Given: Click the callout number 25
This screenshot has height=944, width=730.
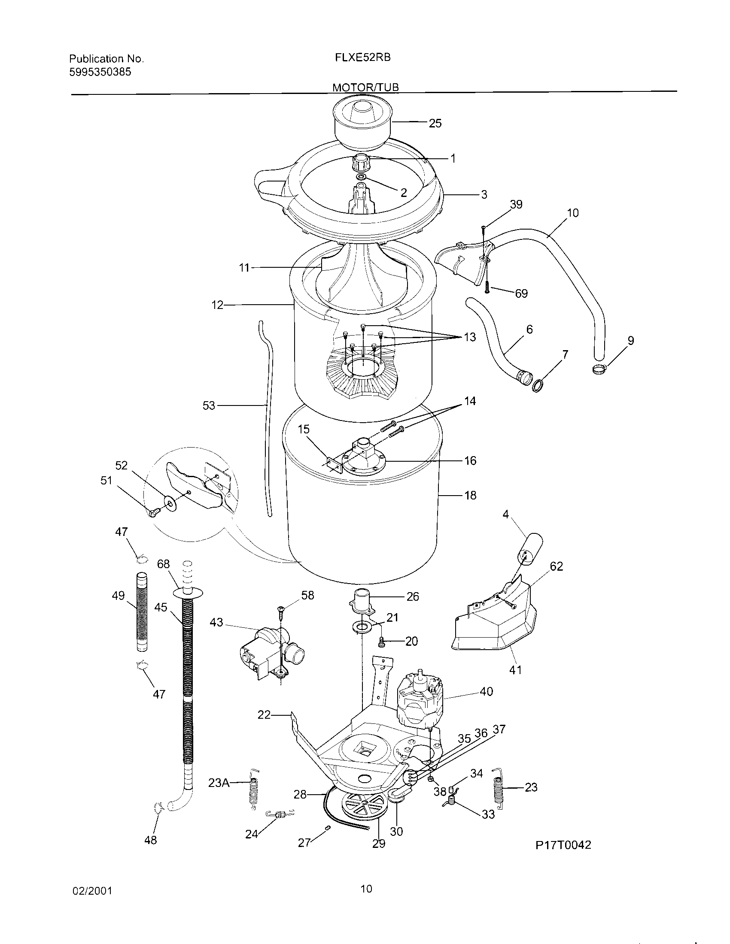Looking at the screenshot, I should click(435, 124).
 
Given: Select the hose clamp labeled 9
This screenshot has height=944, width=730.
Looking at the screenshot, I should click(599, 369).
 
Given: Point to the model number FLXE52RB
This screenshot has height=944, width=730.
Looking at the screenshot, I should click(363, 57).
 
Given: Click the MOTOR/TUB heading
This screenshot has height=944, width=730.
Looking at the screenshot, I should click(365, 87).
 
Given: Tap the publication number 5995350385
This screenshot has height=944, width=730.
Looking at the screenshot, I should click(100, 72).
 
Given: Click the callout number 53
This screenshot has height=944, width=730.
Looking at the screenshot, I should click(209, 406).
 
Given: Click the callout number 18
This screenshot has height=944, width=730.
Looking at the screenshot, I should click(470, 495).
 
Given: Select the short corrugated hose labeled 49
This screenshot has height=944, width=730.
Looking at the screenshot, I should click(142, 611).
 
